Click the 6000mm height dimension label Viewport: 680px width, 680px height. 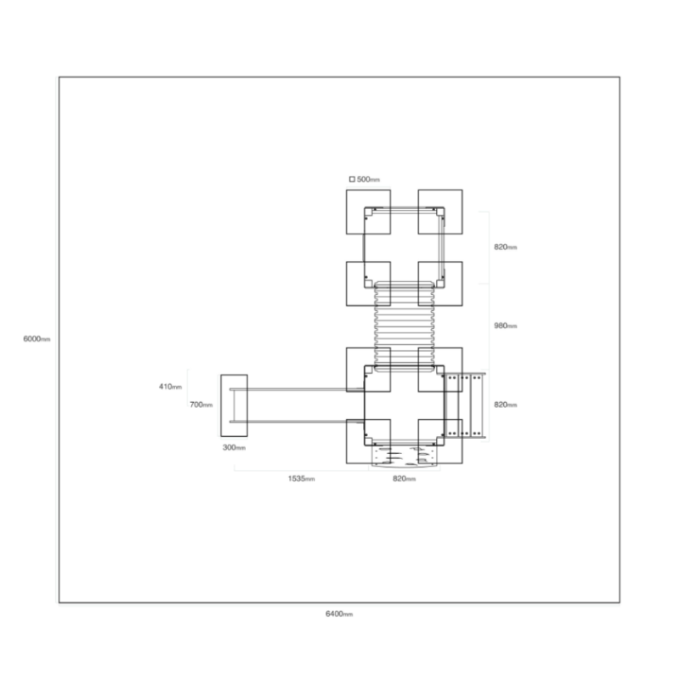pos(37,338)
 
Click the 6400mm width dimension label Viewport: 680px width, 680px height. pos(339,614)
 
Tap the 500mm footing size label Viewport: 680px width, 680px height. pos(368,179)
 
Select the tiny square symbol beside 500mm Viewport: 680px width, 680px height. pos(352,179)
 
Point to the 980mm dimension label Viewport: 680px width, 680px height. pos(506,326)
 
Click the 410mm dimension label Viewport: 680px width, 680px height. pos(171,387)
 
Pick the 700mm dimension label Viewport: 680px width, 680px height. pos(201,405)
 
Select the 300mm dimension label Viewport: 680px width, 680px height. pos(235,448)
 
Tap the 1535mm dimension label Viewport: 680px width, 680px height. pos(302,479)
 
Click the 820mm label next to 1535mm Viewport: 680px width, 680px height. pos(405,479)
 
